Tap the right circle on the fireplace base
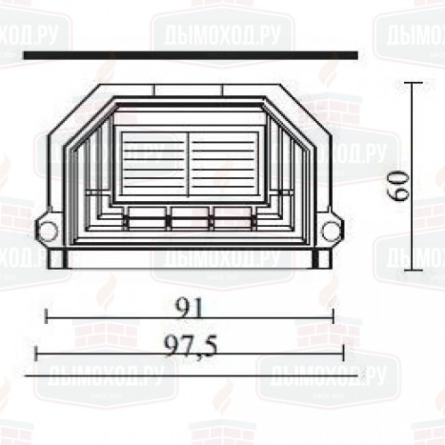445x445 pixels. pyautogui.click(x=331, y=232)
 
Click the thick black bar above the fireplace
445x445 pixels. pyautogui.click(x=190, y=56)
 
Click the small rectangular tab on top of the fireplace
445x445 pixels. pyautogui.click(x=188, y=89)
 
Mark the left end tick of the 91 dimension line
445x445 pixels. pyautogui.click(x=46, y=315)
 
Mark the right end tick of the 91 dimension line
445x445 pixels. pyautogui.click(x=332, y=315)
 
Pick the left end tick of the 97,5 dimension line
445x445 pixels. pyautogui.click(x=36, y=354)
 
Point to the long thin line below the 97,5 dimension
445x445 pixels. pyautogui.click(x=190, y=375)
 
